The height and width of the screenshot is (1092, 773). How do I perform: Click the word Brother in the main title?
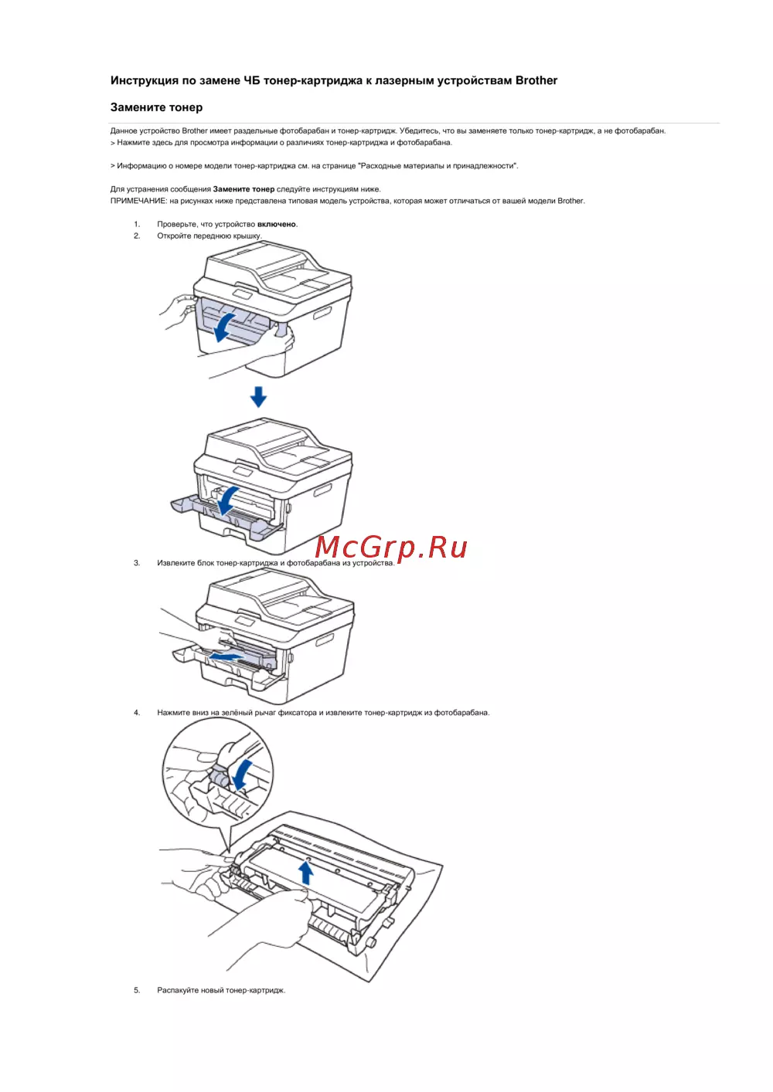click(x=536, y=80)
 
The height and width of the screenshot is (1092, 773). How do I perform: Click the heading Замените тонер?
click(x=156, y=107)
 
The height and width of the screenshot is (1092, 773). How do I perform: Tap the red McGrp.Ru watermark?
click(x=391, y=548)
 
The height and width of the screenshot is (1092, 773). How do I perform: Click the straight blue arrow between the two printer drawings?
click(x=258, y=396)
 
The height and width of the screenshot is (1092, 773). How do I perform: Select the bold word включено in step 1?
click(x=277, y=224)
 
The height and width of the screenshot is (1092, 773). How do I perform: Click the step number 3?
click(x=137, y=563)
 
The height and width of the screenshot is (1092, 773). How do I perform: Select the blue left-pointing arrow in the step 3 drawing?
click(x=227, y=658)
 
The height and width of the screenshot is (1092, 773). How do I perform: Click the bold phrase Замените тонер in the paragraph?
click(x=243, y=189)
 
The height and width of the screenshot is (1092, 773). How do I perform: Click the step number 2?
click(x=137, y=236)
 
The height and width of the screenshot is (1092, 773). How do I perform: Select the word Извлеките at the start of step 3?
click(x=175, y=563)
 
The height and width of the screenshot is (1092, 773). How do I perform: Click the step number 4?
click(x=137, y=713)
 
